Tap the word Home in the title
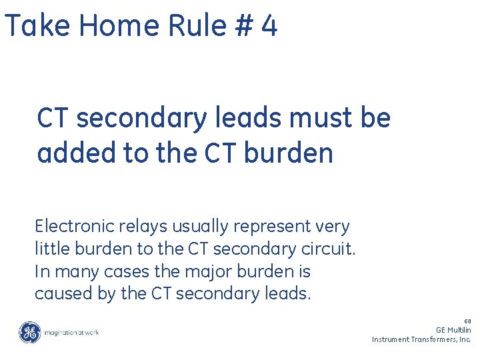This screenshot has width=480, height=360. tap(117, 27)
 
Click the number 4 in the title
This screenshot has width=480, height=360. tap(269, 27)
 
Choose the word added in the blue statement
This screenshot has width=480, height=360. tap(74, 153)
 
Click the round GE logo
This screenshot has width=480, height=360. tap(29, 332)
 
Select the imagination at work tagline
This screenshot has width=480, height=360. tap(71, 332)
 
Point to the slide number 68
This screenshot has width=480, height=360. tap(467, 321)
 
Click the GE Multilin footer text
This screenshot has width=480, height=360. tap(453, 329)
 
